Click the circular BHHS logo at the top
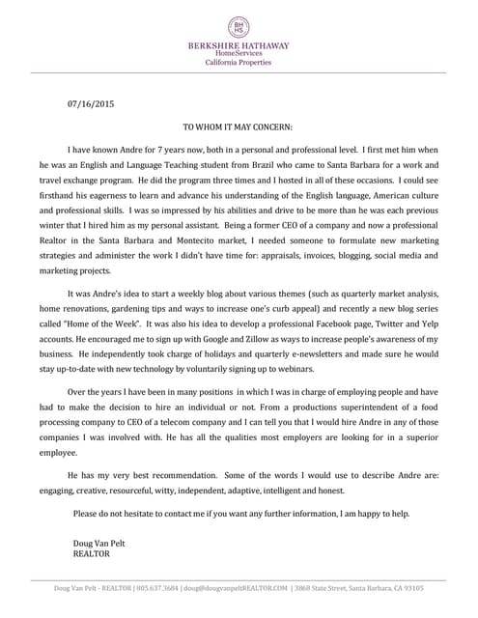pos(239,27)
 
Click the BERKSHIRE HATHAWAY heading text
pos(239,45)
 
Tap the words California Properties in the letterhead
pos(239,62)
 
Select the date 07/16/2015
pos(91,103)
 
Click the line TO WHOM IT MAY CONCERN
pos(238,126)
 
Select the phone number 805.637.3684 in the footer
pos(160,588)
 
